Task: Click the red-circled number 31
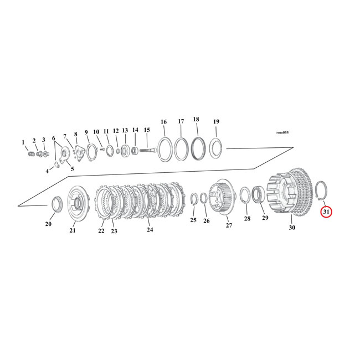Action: coord(326,211)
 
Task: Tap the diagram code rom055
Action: coord(282,132)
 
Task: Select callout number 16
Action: coord(163,122)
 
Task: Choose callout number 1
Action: coord(23,142)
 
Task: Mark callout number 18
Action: coord(196,120)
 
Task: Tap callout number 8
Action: coord(75,134)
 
